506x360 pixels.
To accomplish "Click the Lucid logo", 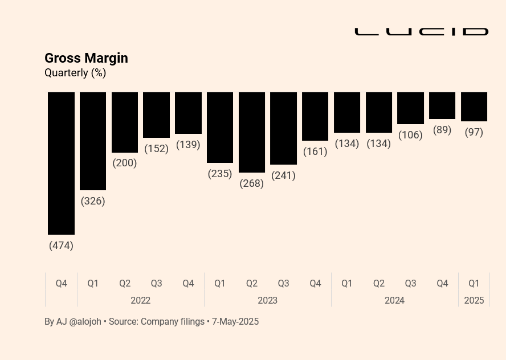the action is click(x=422, y=31).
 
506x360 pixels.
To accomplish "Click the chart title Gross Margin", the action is click(x=86, y=59).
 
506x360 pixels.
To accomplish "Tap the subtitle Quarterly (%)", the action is click(x=75, y=73).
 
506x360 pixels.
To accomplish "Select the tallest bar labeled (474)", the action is click(x=62, y=163).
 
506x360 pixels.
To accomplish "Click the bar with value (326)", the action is click(x=93, y=141).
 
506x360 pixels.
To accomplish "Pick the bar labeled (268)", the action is click(x=252, y=132).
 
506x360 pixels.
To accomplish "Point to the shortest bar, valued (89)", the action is click(x=442, y=105).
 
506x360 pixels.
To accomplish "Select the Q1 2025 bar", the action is click(x=474, y=107).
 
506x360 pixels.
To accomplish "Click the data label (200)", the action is click(x=125, y=163).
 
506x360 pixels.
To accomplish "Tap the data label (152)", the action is click(x=157, y=149).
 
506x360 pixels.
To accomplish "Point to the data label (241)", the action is click(x=283, y=175).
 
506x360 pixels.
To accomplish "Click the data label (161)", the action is click(x=315, y=152).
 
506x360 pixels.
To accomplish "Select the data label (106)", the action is click(x=410, y=135).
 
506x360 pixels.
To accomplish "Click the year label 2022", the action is click(x=140, y=301).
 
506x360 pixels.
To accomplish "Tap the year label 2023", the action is click(x=267, y=301).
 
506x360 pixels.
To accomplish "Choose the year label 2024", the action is click(x=394, y=301).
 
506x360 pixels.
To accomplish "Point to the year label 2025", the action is click(x=474, y=301).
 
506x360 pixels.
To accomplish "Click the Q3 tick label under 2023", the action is click(x=283, y=284).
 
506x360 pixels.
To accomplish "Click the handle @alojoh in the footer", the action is click(x=85, y=322).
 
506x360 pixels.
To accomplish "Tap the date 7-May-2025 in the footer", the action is click(x=235, y=322).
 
